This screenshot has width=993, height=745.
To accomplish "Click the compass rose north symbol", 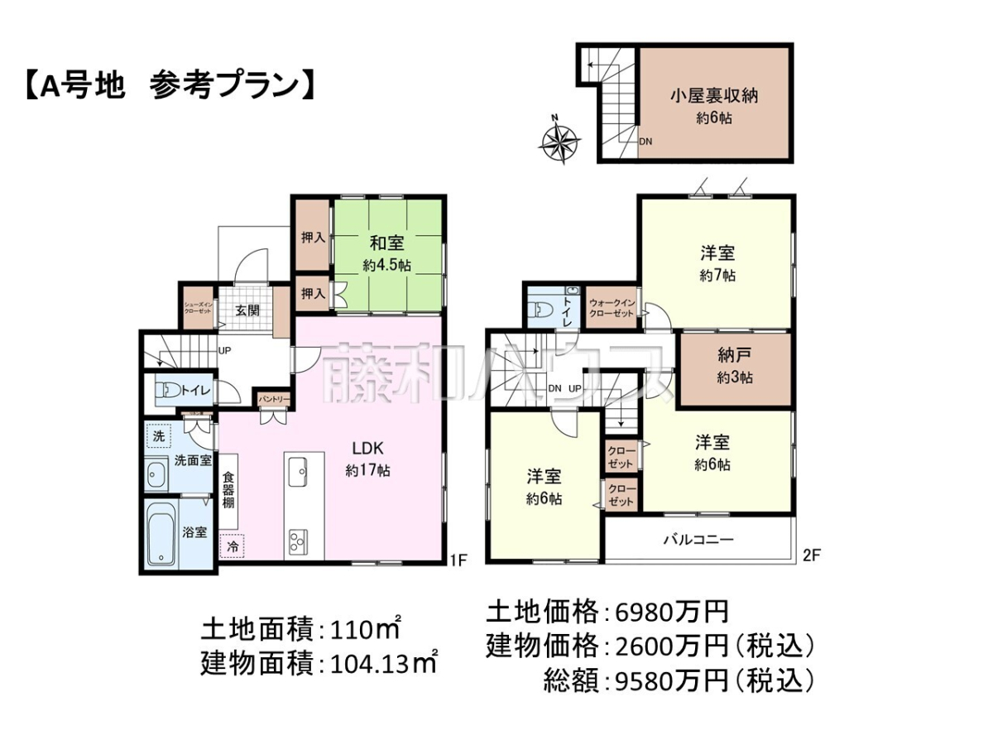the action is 560,138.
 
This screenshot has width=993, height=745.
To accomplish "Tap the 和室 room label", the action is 386,243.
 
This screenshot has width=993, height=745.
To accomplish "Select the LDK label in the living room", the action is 367,449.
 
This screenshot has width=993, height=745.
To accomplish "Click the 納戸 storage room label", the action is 734,356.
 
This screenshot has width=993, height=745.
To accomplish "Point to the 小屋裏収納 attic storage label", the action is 714,96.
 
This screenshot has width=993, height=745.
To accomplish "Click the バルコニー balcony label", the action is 698,540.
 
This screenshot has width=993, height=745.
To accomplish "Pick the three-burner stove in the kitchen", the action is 298,541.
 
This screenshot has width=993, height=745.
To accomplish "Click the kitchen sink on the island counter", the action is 298,472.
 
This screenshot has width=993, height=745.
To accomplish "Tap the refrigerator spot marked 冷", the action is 233,547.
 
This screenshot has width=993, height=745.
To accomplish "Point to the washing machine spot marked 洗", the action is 159,436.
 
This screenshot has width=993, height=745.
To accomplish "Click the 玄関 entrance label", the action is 247,310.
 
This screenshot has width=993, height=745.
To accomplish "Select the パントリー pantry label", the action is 274,400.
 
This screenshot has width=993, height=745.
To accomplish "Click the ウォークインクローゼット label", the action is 612,308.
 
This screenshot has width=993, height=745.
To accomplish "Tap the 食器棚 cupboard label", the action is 228,490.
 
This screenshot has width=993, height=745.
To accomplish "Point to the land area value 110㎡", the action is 366,629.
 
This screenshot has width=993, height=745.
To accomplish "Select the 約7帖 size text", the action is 717,276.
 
